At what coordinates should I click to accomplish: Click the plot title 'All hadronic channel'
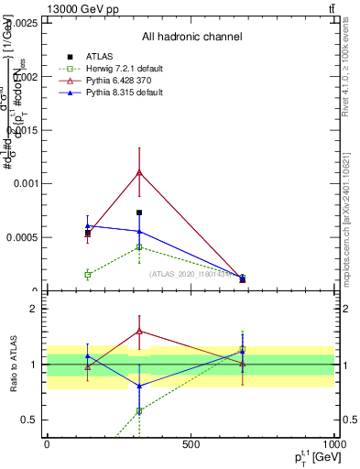click(x=191, y=37)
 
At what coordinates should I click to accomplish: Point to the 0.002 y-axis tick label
click(x=27, y=77)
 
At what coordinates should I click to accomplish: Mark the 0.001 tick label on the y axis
click(x=27, y=184)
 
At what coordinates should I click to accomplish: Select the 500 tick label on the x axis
click(x=191, y=443)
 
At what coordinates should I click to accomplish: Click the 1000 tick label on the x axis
click(x=332, y=443)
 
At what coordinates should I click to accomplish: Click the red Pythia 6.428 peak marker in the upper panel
click(x=139, y=172)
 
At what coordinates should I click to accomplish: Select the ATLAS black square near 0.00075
click(x=139, y=213)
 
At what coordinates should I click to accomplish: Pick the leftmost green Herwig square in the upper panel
click(x=88, y=274)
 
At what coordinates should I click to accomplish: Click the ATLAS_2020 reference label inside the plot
click(x=183, y=273)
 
